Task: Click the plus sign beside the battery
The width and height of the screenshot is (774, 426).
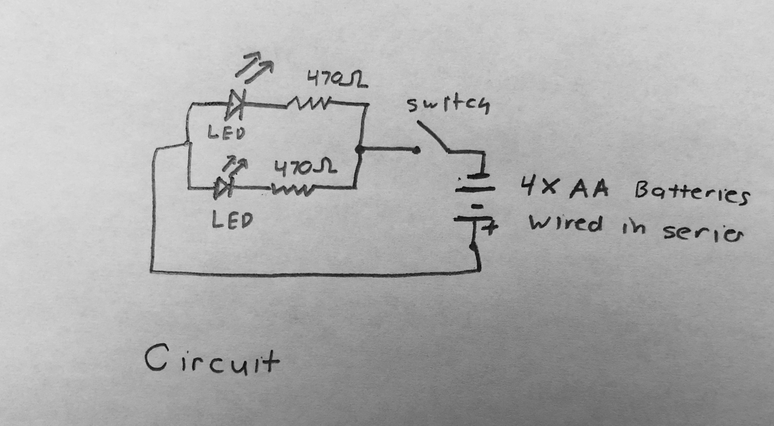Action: coord(489,229)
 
